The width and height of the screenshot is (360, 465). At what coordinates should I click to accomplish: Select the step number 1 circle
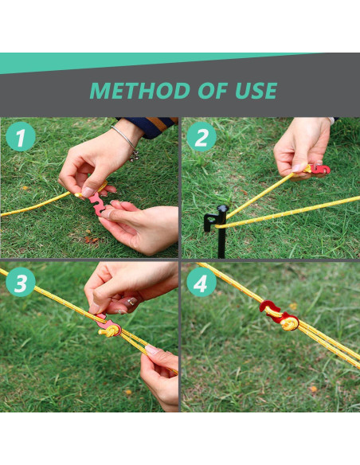pos(22,139)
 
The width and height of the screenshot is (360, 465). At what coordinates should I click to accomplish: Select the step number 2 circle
pos(202,139)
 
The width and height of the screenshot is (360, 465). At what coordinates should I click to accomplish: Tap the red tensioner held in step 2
pos(319,169)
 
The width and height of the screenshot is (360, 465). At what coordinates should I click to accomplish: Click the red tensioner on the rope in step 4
pos(277,315)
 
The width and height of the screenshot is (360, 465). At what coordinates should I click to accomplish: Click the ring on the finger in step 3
pos(130,302)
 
